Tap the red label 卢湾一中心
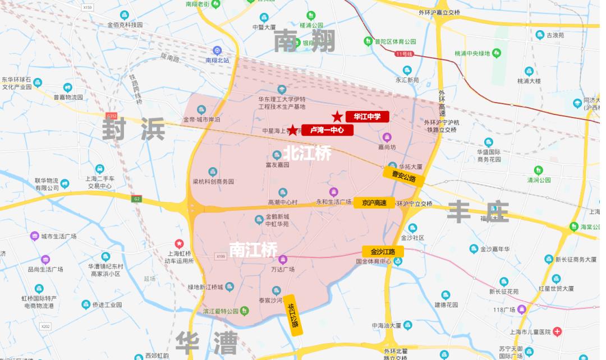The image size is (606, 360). (327, 130)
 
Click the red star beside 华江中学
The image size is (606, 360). (337, 117)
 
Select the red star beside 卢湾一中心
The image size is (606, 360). (292, 130)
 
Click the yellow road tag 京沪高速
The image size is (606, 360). (374, 203)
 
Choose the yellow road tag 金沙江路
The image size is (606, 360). (383, 252)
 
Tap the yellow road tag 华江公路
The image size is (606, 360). (292, 315)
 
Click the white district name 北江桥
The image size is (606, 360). (306, 153)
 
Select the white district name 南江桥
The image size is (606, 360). (253, 248)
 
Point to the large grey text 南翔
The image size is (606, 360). (305, 41)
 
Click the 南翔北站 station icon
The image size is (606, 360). (218, 50)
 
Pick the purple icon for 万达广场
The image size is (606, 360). (283, 259)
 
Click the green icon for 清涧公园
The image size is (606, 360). (539, 170)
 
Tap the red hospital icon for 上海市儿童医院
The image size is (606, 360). (557, 332)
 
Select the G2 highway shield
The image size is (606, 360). (137, 199)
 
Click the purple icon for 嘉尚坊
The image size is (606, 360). (387, 137)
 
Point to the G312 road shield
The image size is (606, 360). (111, 116)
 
